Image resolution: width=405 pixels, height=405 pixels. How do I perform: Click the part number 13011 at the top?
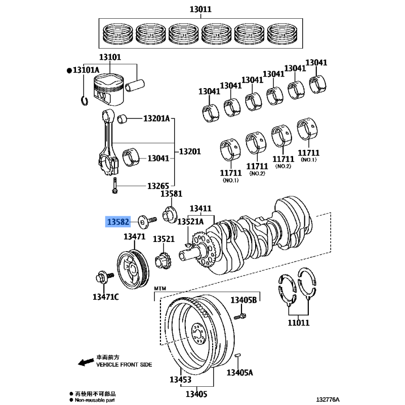coord(201,9)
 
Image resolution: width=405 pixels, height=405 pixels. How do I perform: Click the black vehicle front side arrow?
coord(80,361)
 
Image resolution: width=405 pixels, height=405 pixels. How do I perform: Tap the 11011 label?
coord(299,322)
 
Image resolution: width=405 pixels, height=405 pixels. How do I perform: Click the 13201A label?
coord(156,119)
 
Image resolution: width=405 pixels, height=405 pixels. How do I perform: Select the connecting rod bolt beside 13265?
coord(116,186)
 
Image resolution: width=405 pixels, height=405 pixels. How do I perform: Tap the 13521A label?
coord(190,222)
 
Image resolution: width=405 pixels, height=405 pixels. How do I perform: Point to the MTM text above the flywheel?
coord(160,288)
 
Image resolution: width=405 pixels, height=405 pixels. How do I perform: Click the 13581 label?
coord(171,193)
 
